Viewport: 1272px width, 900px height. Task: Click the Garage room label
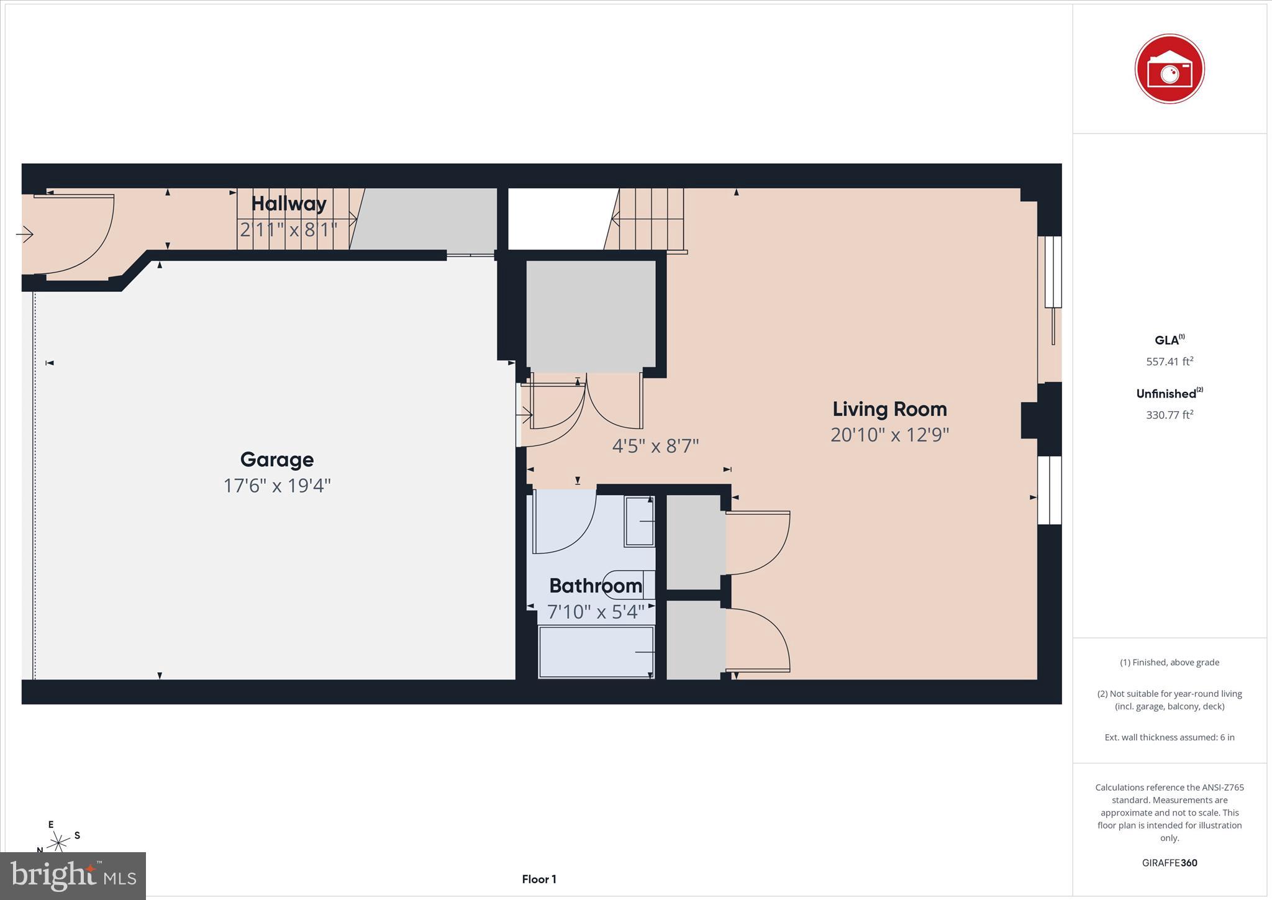tap(277, 460)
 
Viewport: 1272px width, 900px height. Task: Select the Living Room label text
tap(889, 409)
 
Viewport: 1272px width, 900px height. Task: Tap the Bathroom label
tap(595, 586)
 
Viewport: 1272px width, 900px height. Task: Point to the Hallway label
tap(289, 204)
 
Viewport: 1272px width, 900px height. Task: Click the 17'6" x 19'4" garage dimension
tap(277, 485)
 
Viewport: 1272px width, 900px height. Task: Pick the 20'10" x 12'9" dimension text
tap(889, 435)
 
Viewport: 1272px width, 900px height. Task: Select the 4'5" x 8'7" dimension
tap(655, 446)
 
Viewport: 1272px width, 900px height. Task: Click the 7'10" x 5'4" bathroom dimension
tap(595, 612)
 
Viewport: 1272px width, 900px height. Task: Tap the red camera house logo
tap(1169, 69)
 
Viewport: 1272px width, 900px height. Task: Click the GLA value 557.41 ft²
tap(1169, 361)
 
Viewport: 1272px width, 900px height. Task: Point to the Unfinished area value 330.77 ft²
tap(1169, 415)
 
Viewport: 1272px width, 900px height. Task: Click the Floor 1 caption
tap(538, 879)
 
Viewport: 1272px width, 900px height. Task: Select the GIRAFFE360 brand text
tap(1169, 863)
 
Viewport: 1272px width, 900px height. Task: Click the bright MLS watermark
tap(73, 876)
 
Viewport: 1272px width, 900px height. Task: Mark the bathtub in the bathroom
tap(596, 652)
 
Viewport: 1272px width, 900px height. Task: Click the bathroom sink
tap(639, 521)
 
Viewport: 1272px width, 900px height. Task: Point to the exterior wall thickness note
tap(1169, 737)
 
